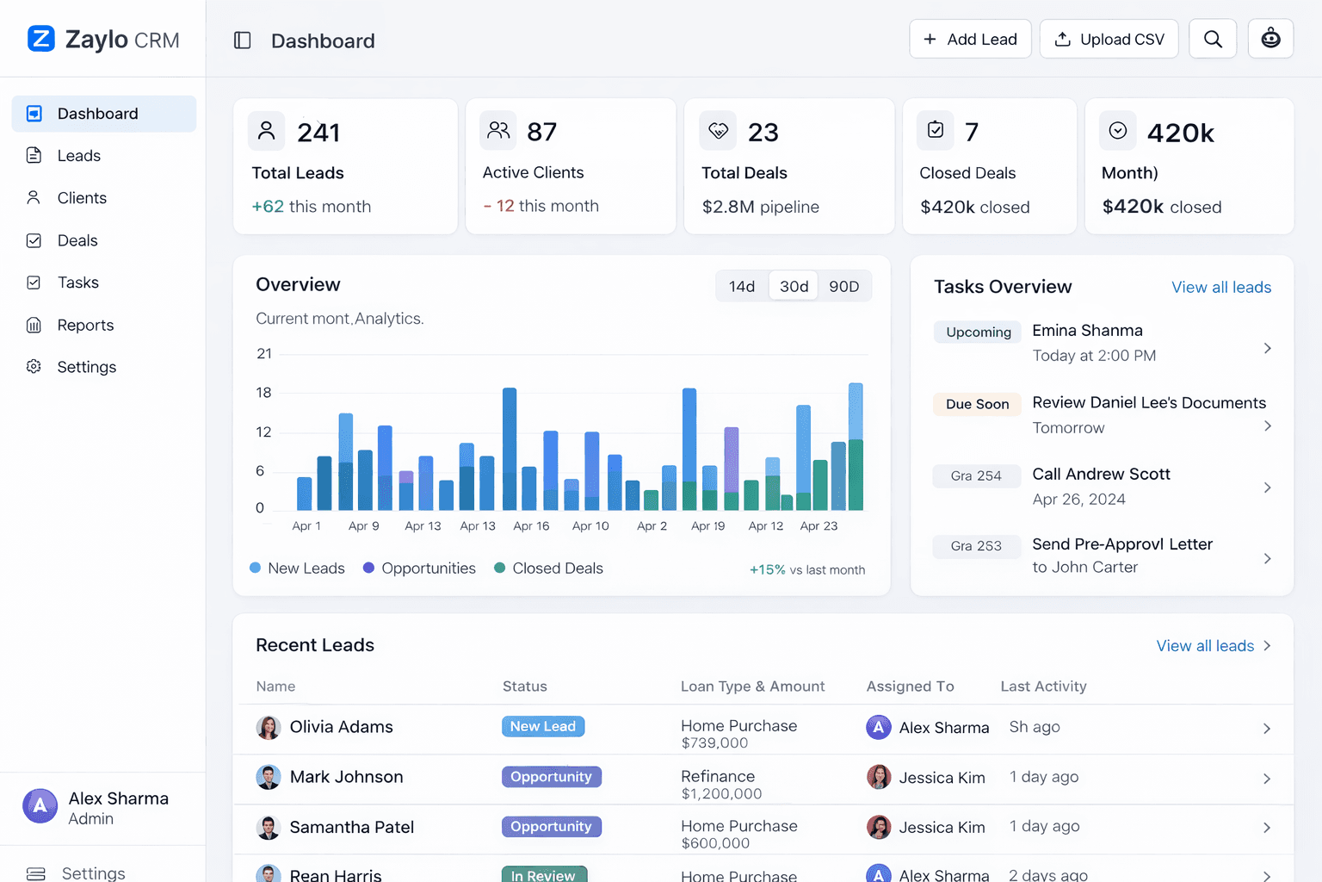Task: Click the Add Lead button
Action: pyautogui.click(x=970, y=40)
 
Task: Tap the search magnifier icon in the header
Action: pyautogui.click(x=1212, y=40)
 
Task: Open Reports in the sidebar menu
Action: pyautogui.click(x=85, y=325)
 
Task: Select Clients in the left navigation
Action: pyautogui.click(x=82, y=198)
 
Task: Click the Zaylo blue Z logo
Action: pyautogui.click(x=41, y=39)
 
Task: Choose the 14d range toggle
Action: pyautogui.click(x=741, y=286)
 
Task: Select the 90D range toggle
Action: pyautogui.click(x=843, y=286)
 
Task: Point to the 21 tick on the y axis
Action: pyautogui.click(x=264, y=354)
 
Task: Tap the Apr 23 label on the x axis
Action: pyautogui.click(x=819, y=526)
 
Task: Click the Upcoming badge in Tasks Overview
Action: pyautogui.click(x=978, y=332)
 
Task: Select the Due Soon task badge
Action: pyautogui.click(x=977, y=404)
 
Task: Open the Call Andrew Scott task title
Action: pyautogui.click(x=1101, y=474)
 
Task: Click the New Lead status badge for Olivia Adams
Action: pyautogui.click(x=543, y=726)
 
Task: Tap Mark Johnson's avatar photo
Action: pyautogui.click(x=269, y=777)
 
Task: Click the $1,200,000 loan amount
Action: pyautogui.click(x=721, y=793)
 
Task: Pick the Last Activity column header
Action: pyautogui.click(x=1043, y=686)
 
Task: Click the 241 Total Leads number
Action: pyautogui.click(x=318, y=133)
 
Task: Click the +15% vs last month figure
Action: pyautogui.click(x=806, y=570)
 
